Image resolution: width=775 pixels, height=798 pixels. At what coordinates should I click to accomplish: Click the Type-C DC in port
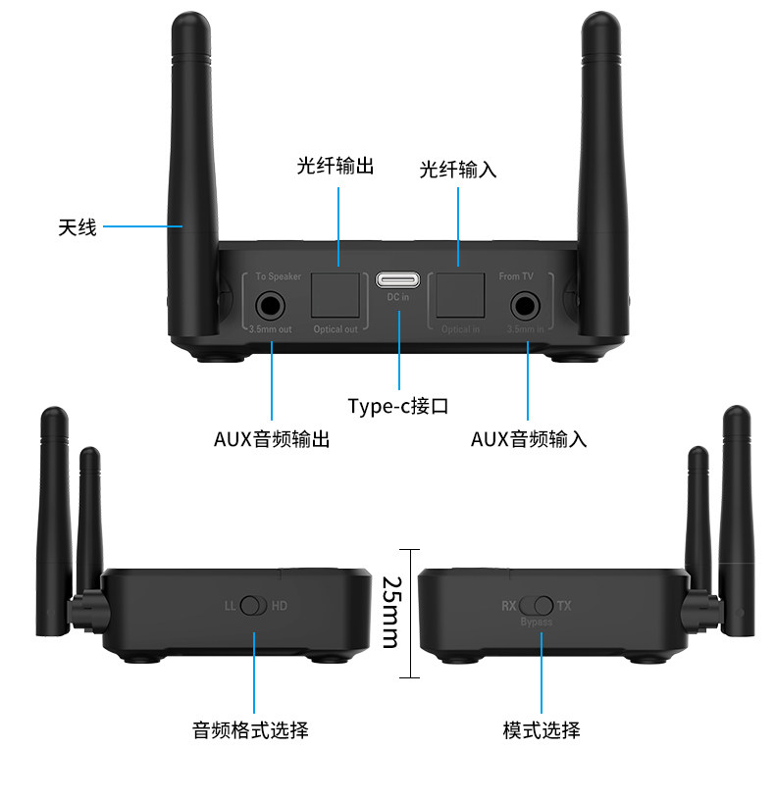(x=398, y=278)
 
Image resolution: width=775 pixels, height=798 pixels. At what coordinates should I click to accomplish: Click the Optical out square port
(x=336, y=291)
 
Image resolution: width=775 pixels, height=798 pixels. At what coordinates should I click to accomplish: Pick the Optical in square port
(x=460, y=291)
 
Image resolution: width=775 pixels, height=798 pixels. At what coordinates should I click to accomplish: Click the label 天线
(x=77, y=227)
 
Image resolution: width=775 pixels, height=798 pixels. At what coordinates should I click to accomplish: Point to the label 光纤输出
(x=336, y=165)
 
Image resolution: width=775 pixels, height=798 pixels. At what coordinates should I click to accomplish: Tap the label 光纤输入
(x=458, y=169)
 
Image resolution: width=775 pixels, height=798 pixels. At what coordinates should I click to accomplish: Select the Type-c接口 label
(x=397, y=406)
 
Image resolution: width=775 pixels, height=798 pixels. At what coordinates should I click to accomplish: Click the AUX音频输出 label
(x=272, y=439)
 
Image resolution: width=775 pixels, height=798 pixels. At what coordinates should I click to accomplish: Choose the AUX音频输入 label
(x=529, y=439)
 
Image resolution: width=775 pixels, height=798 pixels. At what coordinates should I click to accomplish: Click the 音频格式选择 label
(x=250, y=729)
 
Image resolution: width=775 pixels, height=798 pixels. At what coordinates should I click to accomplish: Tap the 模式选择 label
(x=541, y=729)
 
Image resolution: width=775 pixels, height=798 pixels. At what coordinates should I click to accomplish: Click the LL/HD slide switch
(x=253, y=606)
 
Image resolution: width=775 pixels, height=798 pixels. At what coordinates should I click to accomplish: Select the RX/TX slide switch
(x=538, y=606)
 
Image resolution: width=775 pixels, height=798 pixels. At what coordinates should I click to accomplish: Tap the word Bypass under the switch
(x=537, y=622)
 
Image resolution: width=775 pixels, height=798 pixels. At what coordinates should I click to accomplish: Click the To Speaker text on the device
(x=279, y=277)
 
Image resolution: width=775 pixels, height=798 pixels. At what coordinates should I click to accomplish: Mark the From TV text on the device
(x=517, y=277)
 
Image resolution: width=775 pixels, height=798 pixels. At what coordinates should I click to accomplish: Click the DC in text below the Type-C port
(x=398, y=297)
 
